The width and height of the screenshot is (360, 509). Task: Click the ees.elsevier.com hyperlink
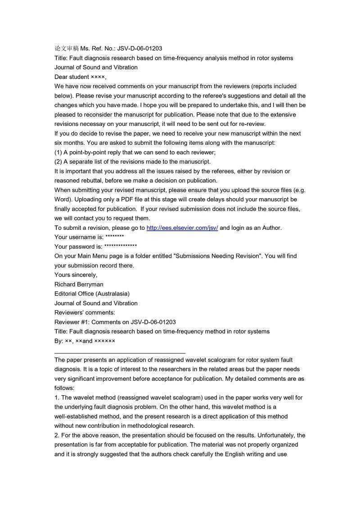tap(182, 228)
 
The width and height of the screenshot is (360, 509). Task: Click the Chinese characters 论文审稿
tap(67, 48)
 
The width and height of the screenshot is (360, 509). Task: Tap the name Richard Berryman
tap(79, 284)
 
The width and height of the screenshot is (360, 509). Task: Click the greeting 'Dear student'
tap(72, 76)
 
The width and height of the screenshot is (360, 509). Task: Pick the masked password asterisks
tap(120, 246)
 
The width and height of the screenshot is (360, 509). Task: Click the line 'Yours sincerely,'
tap(76, 275)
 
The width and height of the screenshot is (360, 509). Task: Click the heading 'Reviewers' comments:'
tap(85, 313)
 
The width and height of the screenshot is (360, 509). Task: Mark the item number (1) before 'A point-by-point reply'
tap(58, 152)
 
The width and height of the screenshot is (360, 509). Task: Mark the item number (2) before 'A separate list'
tap(58, 161)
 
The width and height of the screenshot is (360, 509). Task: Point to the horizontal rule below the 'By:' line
tap(120, 353)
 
